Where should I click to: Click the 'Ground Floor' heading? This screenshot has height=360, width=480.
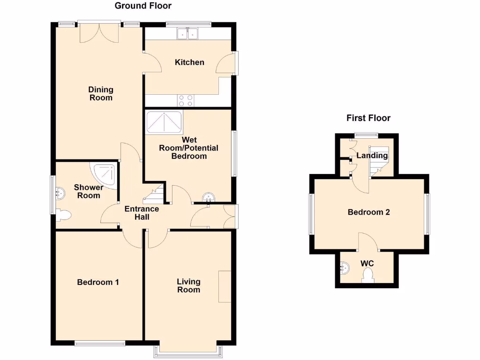click(143, 6)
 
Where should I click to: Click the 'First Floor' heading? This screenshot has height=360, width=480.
click(368, 118)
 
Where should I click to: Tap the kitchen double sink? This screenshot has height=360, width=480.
click(188, 33)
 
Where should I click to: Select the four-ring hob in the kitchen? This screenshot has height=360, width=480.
click(186, 100)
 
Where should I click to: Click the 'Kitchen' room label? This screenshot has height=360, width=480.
click(189, 62)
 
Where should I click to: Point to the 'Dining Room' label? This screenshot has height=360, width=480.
click(101, 94)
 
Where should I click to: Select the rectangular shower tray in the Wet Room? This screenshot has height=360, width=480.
click(164, 122)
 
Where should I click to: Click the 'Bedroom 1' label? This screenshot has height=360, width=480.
click(98, 282)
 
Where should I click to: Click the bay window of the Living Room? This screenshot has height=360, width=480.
click(187, 349)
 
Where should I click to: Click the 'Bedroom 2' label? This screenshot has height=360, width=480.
click(368, 212)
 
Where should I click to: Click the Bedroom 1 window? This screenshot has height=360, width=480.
click(100, 343)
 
